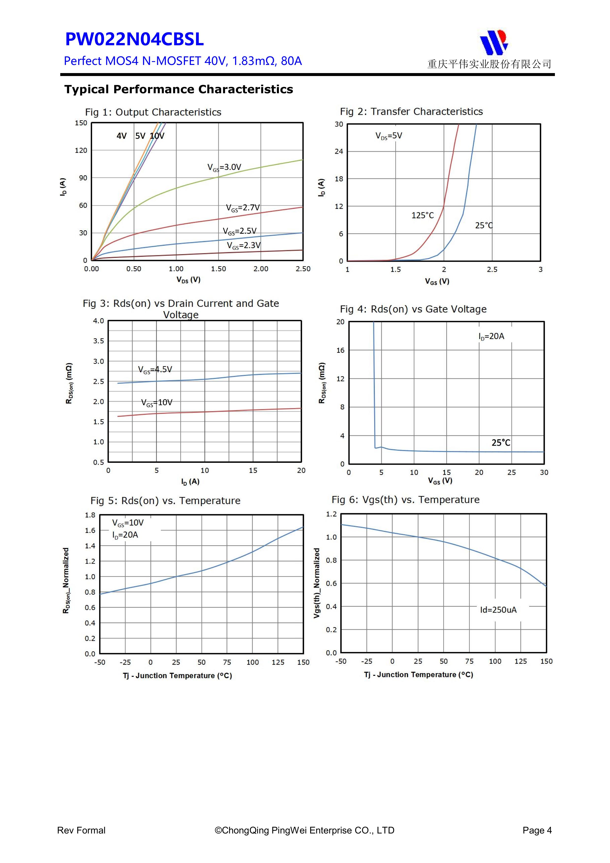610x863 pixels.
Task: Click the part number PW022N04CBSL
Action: (134, 39)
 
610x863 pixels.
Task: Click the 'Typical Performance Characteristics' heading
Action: (179, 90)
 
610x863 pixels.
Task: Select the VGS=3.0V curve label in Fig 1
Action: (224, 167)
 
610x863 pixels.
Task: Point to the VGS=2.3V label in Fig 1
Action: (244, 246)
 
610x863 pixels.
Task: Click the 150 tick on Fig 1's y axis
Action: (81, 123)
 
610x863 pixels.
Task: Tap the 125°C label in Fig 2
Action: (423, 215)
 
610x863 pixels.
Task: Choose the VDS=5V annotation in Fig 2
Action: (389, 136)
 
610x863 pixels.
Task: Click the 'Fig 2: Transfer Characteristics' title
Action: (411, 112)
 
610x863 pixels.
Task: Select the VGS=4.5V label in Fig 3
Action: (155, 370)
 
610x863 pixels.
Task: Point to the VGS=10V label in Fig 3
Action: (157, 402)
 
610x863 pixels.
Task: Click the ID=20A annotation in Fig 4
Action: (491, 336)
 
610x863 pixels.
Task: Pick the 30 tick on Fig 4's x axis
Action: (544, 473)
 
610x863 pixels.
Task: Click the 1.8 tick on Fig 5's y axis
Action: (90, 515)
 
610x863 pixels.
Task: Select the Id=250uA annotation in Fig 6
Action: (498, 610)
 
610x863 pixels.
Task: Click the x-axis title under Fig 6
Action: (418, 675)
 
